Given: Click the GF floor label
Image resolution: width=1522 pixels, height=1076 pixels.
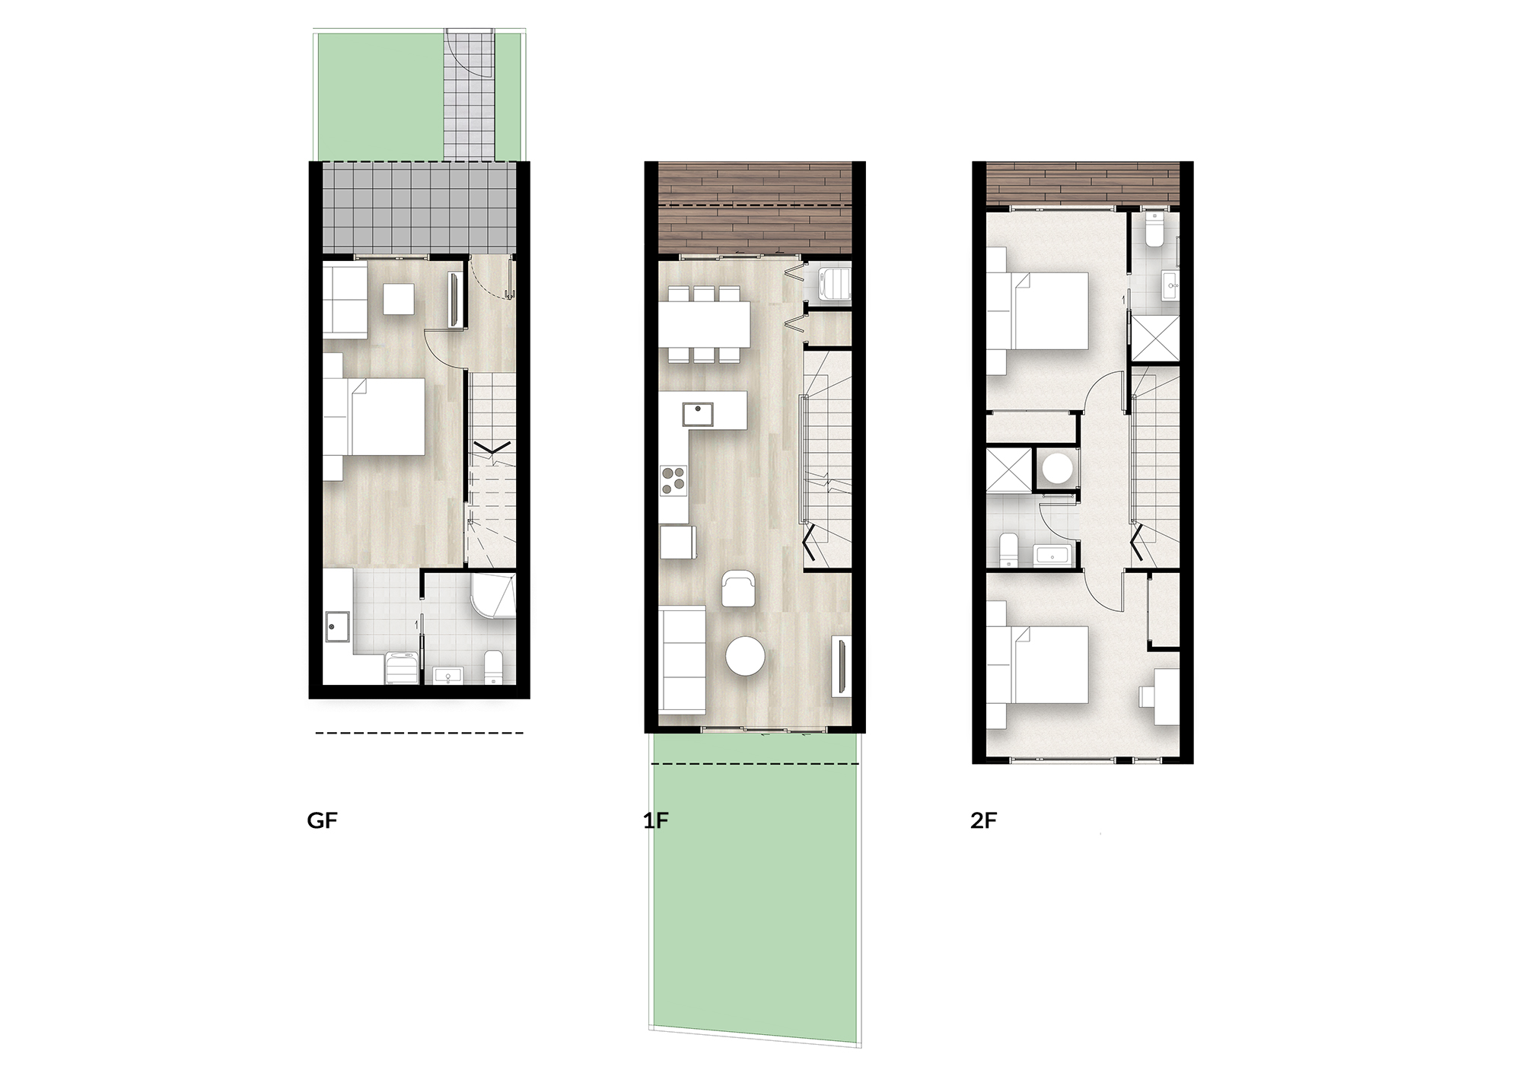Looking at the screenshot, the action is (322, 821).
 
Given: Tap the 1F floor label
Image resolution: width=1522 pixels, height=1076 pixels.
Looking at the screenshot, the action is (656, 821).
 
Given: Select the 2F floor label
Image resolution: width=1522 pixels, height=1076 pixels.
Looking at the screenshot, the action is (984, 821).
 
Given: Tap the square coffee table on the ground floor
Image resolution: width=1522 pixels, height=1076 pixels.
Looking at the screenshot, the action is (399, 298).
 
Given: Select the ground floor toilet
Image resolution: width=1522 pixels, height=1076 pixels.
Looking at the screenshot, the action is (492, 667).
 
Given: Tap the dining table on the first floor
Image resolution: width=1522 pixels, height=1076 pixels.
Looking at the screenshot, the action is (705, 324).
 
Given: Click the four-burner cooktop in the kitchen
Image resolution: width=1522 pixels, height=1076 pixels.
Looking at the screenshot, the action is (673, 479).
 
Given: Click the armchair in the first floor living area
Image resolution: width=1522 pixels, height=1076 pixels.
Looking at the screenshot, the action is (738, 588).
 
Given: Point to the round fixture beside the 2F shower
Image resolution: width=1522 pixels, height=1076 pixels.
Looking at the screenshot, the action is (1057, 467).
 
